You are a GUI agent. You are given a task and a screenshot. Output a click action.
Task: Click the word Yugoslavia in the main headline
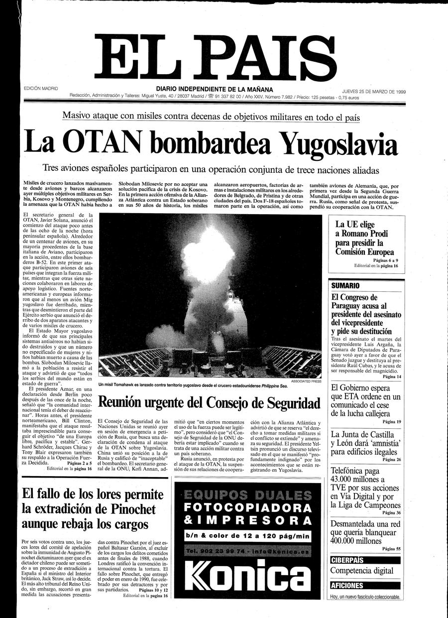coord(338,144)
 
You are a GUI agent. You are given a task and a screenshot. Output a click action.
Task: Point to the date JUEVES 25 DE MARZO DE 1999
coord(374,92)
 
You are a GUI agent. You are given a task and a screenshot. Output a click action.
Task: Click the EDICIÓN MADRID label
coord(41,89)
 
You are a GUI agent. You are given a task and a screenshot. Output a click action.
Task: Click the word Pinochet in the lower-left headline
coord(124,509)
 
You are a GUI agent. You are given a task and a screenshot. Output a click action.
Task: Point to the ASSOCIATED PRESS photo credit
coord(306,381)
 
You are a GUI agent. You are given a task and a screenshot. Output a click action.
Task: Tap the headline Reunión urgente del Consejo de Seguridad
coord(209,402)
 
